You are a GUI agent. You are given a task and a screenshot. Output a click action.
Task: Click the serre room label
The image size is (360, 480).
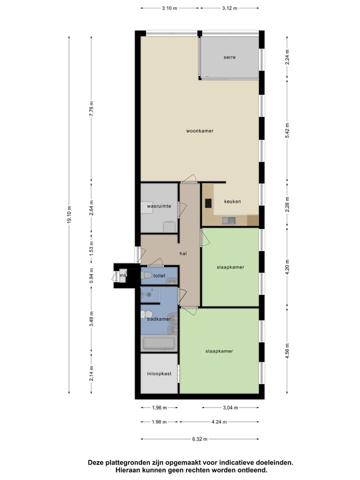pyautogui.click(x=229, y=57)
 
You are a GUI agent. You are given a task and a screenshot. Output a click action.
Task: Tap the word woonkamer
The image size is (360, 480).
pyautogui.click(x=200, y=131)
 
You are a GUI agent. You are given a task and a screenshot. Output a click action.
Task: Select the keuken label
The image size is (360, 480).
pyautogui.click(x=232, y=201)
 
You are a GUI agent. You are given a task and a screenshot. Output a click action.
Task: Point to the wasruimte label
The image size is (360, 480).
pyautogui.click(x=159, y=205)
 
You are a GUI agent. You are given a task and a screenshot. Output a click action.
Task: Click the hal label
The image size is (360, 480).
pyautogui.click(x=183, y=253)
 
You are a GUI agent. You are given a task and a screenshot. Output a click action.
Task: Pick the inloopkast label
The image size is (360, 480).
pyautogui.click(x=159, y=373)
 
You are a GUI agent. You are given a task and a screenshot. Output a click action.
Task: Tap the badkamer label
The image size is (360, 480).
pyautogui.click(x=159, y=318)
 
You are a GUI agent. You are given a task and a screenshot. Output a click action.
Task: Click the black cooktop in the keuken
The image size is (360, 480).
pyautogui.click(x=208, y=203)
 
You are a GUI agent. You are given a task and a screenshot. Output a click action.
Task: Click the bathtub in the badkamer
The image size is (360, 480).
pyautogui.click(x=158, y=343)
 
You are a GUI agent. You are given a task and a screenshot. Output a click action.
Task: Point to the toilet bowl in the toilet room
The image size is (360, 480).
pyautogui.click(x=146, y=275)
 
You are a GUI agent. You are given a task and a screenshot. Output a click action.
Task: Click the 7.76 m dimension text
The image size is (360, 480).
pyautogui.click(x=91, y=108)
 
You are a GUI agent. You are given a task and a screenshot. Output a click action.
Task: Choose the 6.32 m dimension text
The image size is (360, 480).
pyautogui.click(x=200, y=439)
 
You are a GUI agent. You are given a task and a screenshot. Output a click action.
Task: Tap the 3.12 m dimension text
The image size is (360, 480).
pyautogui.click(x=229, y=8)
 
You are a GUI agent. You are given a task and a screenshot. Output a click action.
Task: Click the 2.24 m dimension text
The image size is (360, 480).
pyautogui.click(x=287, y=54)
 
